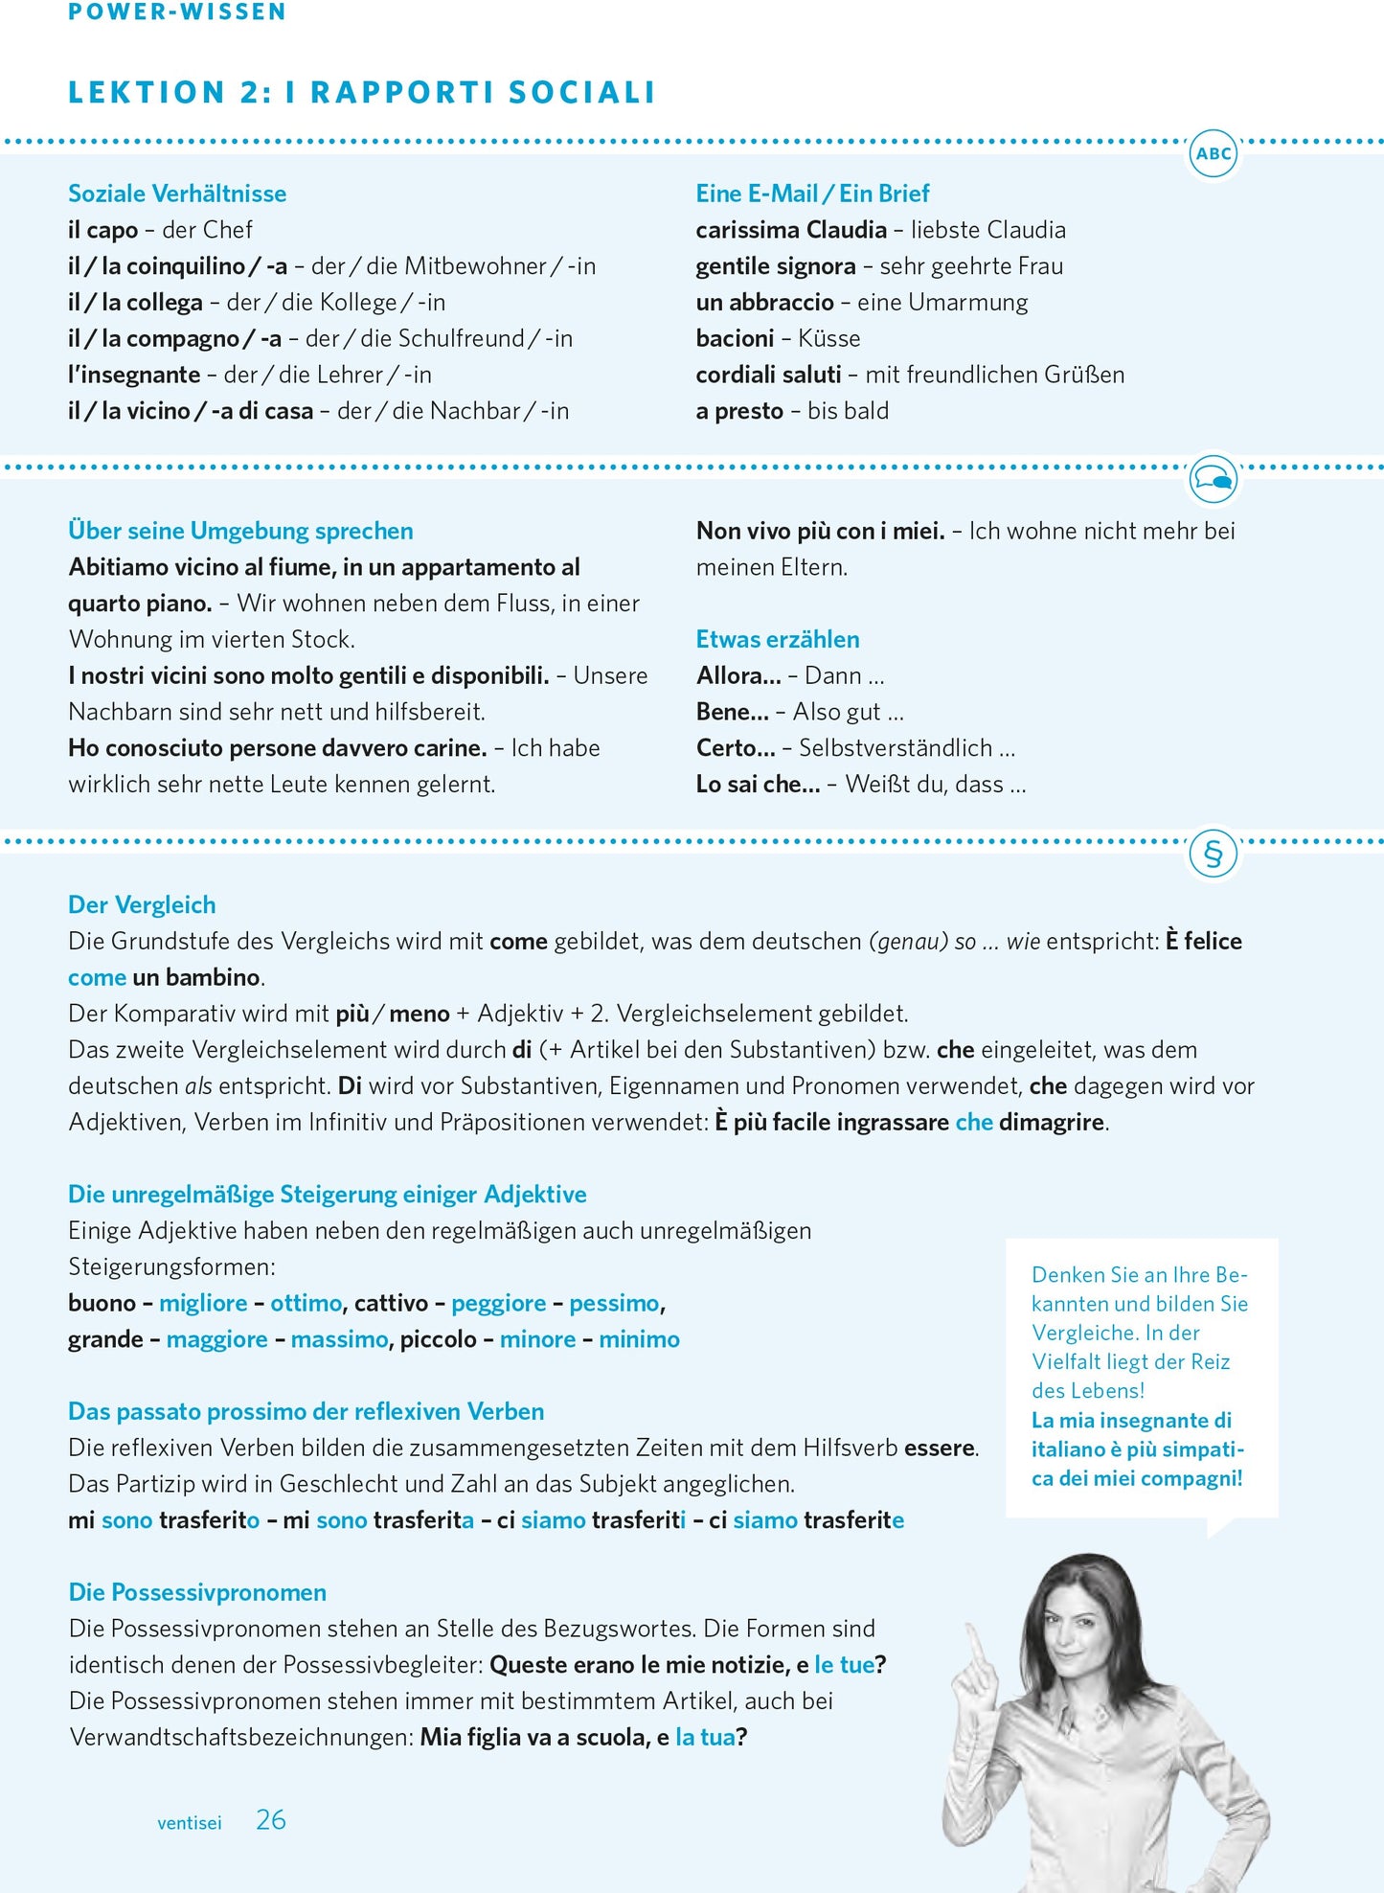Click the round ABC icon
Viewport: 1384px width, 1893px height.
click(x=1214, y=153)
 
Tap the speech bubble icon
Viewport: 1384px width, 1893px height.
click(x=1214, y=478)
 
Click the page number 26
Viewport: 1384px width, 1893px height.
click(x=271, y=1819)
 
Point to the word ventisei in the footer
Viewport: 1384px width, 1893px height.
click(x=189, y=1823)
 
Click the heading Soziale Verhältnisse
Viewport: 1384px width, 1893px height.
click(x=177, y=194)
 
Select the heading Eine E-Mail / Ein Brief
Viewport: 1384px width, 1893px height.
click(x=812, y=194)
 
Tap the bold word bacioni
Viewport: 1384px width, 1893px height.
click(x=735, y=338)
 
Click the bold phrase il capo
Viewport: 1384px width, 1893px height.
click(x=103, y=230)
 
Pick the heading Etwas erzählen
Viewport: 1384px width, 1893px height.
click(x=778, y=639)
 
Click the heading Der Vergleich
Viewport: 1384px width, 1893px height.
click(x=142, y=904)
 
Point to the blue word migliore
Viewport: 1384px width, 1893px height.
click(x=203, y=1303)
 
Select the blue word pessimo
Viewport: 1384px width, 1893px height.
click(x=614, y=1303)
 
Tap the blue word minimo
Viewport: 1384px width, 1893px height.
click(x=639, y=1339)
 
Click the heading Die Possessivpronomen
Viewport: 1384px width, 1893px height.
click(x=197, y=1592)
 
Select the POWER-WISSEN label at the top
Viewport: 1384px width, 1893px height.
click(x=177, y=11)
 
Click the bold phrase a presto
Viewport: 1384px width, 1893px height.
click(x=739, y=411)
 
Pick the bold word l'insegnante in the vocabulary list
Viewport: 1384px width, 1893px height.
click(x=134, y=375)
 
